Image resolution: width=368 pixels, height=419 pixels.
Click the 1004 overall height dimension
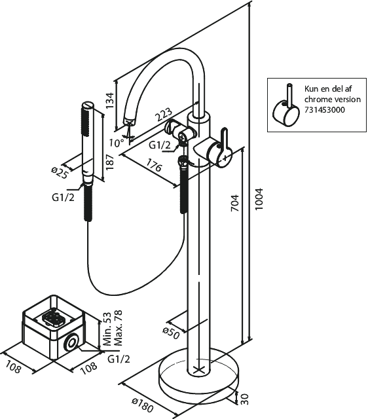(259, 199)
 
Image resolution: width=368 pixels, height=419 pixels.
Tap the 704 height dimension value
(235, 203)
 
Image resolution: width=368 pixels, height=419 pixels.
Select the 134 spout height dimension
(110, 100)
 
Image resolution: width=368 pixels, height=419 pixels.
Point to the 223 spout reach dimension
(164, 115)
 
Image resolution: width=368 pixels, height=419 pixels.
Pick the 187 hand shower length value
(109, 162)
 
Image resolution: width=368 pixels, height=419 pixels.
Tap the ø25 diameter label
(60, 172)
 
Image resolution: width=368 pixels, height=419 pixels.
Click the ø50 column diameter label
(171, 333)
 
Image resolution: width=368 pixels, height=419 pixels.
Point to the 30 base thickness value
(244, 399)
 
